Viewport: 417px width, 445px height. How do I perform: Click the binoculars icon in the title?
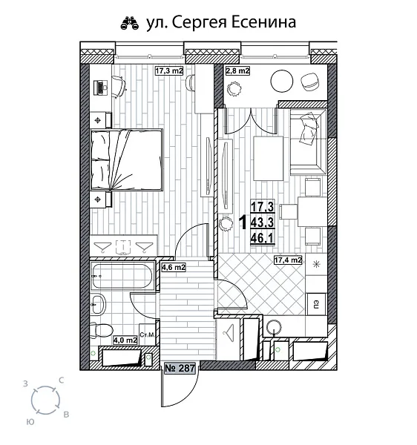click(x=128, y=23)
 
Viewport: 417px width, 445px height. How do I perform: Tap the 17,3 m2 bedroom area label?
click(x=168, y=71)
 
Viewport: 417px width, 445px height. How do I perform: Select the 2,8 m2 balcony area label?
click(x=237, y=71)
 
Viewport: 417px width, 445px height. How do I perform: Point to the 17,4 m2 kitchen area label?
click(x=287, y=260)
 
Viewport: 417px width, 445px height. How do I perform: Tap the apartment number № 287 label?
click(x=178, y=367)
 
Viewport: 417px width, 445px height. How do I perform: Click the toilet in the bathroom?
click(x=101, y=330)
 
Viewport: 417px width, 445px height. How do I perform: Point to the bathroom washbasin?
click(x=97, y=301)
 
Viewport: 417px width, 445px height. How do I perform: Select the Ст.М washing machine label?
click(x=147, y=336)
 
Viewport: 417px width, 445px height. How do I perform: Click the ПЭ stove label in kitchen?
click(x=315, y=303)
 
